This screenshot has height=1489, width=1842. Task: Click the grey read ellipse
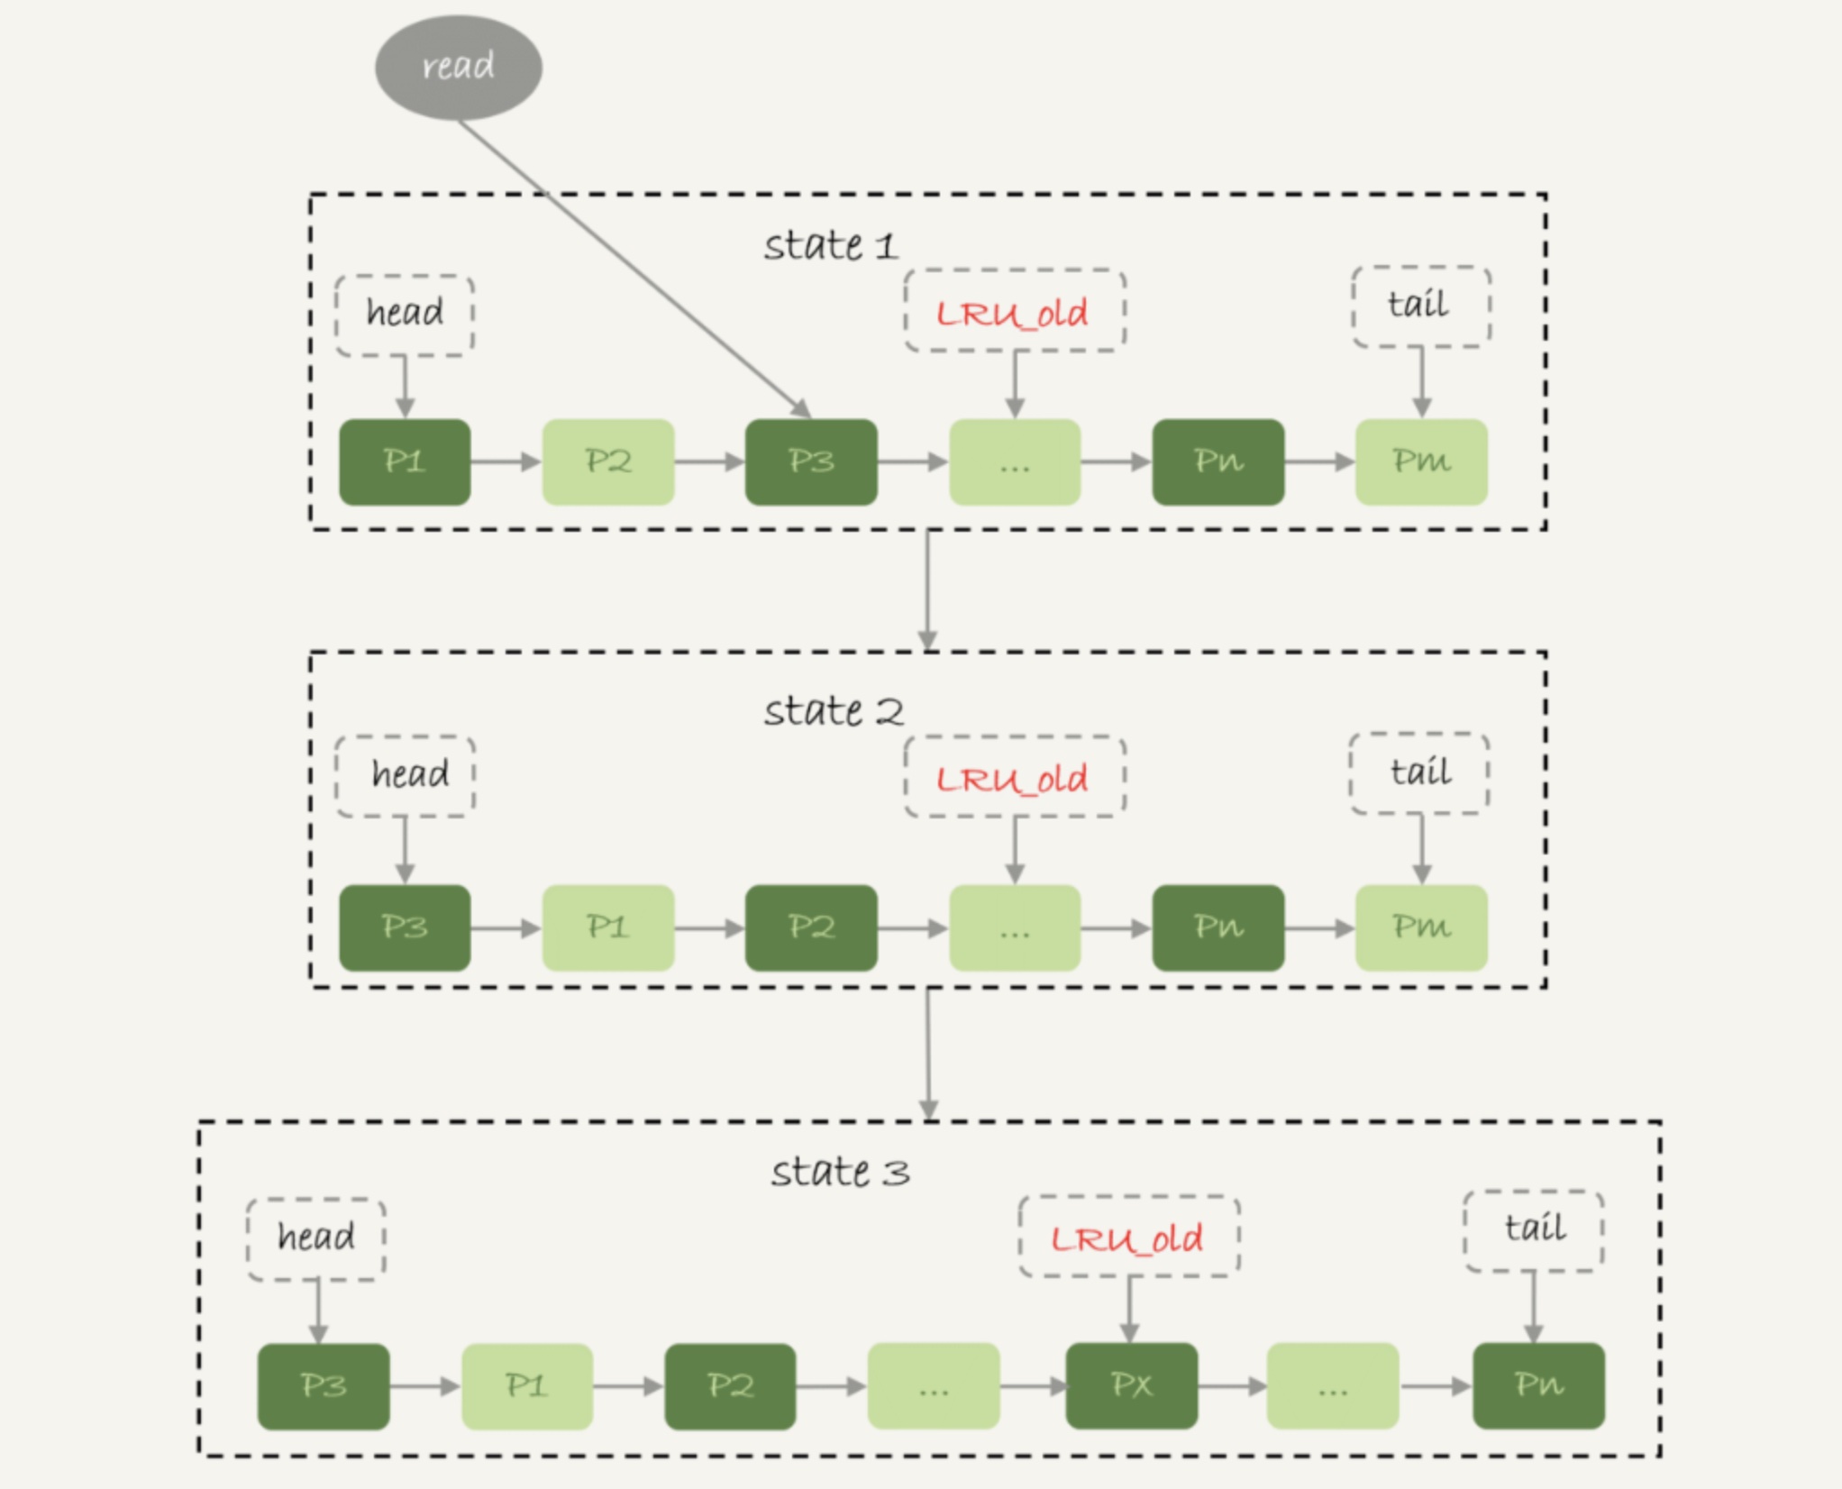tap(459, 67)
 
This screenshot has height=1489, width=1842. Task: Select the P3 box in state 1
tap(811, 461)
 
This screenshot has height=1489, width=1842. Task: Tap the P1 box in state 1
tap(405, 461)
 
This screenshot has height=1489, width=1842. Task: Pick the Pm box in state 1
tap(1421, 461)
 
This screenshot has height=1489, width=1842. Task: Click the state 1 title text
tap(830, 245)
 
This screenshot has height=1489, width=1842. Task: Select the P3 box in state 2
tap(405, 927)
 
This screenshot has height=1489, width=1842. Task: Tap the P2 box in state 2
tap(811, 927)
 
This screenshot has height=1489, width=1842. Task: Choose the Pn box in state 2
tap(1218, 927)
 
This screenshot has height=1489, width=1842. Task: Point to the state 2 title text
tap(834, 711)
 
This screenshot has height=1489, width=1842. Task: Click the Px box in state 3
tap(1132, 1385)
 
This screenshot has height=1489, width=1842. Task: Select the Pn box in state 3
tap(1539, 1385)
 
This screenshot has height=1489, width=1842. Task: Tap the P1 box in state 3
tap(527, 1386)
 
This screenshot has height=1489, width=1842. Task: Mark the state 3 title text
tap(840, 1173)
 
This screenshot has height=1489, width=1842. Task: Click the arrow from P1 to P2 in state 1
tap(506, 461)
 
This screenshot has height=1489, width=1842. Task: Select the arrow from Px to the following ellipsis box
tap(1233, 1386)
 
